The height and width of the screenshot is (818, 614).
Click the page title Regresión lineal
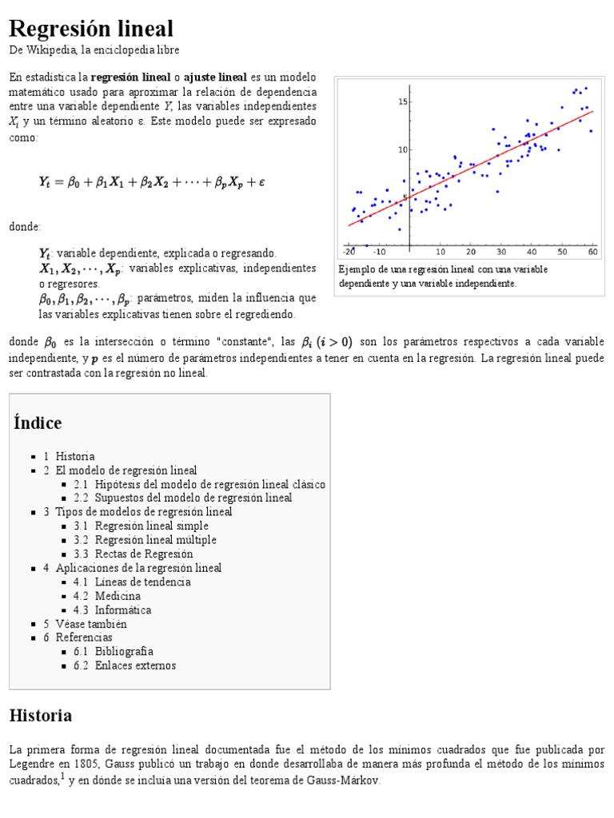click(90, 29)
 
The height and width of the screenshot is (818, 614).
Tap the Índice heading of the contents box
click(38, 423)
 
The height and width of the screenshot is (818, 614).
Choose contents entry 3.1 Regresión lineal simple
click(151, 526)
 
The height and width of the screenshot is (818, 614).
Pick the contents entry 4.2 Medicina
click(118, 596)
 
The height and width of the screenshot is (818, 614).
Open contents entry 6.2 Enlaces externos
click(135, 665)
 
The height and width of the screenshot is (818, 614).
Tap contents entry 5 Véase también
click(91, 624)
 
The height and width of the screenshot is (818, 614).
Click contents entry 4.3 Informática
click(122, 610)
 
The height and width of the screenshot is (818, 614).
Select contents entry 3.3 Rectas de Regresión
click(144, 554)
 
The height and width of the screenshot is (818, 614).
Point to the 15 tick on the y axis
click(403, 101)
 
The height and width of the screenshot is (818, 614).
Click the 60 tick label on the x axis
click(592, 252)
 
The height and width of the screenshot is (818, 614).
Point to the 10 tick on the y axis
click(403, 149)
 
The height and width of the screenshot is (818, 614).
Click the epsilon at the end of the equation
click(261, 182)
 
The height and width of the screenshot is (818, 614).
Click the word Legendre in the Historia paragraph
click(32, 764)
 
